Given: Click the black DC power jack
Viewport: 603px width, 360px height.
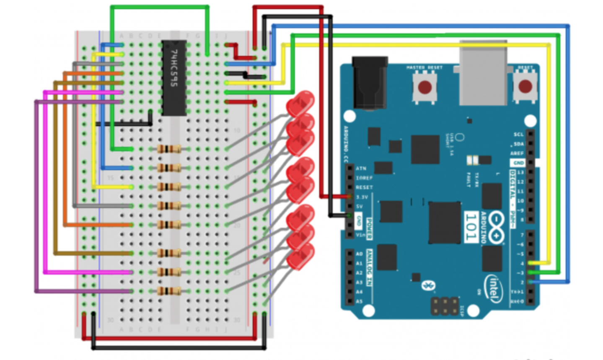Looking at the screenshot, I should (369, 84).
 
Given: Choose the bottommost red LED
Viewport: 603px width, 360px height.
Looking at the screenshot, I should (300, 256).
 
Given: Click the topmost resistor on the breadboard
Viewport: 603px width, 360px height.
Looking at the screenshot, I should (169, 149).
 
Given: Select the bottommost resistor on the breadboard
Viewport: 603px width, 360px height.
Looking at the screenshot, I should (169, 291).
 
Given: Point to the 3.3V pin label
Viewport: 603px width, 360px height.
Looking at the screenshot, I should (362, 197).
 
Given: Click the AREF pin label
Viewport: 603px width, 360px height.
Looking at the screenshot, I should (518, 153).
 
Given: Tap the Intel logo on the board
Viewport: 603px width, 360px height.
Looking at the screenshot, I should (493, 288).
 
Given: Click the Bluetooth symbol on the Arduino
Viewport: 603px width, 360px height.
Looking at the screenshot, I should (428, 285).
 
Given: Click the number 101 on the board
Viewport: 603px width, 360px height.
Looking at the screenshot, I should (471, 227).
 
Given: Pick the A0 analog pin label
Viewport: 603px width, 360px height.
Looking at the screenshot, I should (359, 254).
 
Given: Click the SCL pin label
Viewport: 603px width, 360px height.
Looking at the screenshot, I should (518, 135).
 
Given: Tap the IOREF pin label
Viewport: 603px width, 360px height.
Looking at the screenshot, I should (364, 178).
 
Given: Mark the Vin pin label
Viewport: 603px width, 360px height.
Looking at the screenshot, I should (360, 235).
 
